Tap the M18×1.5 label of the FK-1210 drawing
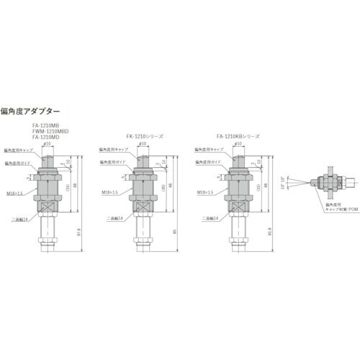click(x=109, y=192)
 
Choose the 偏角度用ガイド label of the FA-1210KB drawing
click(x=207, y=163)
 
